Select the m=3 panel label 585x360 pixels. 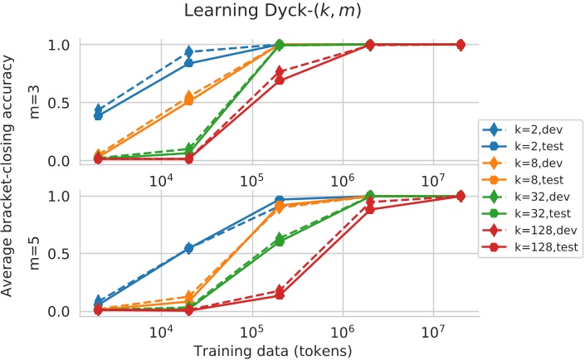[34, 101]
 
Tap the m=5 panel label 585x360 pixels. [34, 253]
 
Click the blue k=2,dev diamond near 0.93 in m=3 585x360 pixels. [189, 53]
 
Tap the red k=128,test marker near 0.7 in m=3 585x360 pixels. [279, 80]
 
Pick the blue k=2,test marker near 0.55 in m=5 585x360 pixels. [189, 248]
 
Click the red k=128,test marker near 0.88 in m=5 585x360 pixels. [370, 210]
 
